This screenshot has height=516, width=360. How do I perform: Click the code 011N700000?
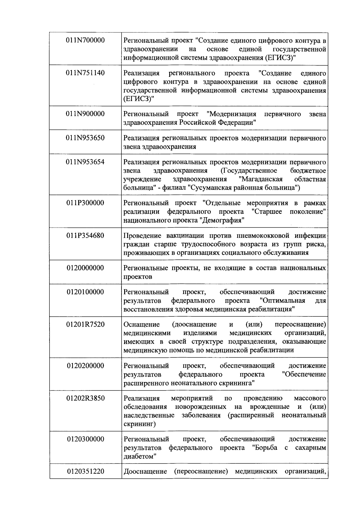click(x=85, y=40)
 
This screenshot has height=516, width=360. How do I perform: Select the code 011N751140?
click(x=85, y=73)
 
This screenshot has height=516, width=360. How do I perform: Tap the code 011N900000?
click(x=85, y=114)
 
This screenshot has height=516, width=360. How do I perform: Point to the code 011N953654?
click(x=85, y=162)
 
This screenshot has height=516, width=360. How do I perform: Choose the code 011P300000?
click(x=85, y=203)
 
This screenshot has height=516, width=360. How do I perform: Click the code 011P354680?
click(x=85, y=235)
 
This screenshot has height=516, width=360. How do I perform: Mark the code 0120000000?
click(x=85, y=268)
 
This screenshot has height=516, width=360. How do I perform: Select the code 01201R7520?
click(x=85, y=324)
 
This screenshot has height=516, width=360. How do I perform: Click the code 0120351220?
click(x=85, y=471)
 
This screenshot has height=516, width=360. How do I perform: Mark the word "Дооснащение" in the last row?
click(x=145, y=471)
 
